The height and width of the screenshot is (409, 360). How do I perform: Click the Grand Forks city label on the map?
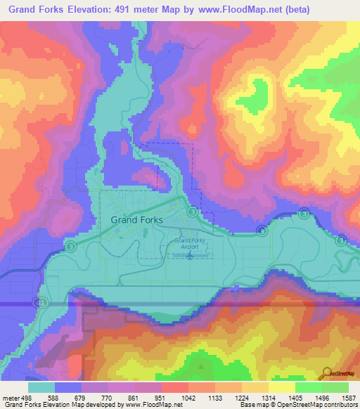pyautogui.click(x=137, y=219)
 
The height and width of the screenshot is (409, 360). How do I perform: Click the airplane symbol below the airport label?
pyautogui.click(x=190, y=255)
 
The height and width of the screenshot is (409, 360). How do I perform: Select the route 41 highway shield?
pyautogui.click(x=41, y=301)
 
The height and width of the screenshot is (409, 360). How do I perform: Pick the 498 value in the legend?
pyautogui.click(x=26, y=397)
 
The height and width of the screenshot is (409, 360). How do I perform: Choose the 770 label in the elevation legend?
pyautogui.click(x=107, y=397)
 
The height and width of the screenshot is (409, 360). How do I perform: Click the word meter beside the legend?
pyautogui.click(x=10, y=397)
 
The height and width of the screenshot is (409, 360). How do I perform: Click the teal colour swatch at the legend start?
pyautogui.click(x=41, y=387)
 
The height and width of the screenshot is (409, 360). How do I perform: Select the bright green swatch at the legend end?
pyautogui.click(x=335, y=387)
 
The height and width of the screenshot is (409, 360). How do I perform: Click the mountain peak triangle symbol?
pyautogui.click(x=202, y=366)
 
